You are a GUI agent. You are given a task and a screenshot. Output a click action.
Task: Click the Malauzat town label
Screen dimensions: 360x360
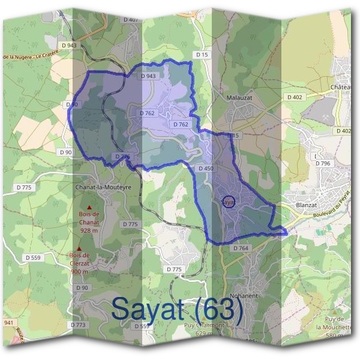tap(242, 96)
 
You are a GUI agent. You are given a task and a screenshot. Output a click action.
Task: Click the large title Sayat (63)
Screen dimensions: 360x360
tap(177, 310)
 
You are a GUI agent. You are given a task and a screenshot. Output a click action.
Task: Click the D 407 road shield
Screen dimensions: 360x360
tap(131, 19)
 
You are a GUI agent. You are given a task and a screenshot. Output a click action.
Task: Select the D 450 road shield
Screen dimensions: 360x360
tap(205, 169)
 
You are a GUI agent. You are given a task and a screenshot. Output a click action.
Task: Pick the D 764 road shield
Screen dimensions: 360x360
tap(240, 248)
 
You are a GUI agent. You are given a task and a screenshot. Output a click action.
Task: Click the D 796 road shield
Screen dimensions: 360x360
tap(322, 163)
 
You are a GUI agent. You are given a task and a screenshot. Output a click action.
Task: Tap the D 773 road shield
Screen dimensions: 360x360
tap(79, 325)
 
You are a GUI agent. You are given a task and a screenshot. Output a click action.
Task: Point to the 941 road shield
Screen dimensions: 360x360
tap(8, 323)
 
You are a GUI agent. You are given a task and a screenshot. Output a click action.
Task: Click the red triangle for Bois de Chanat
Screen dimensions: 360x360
tap(89, 207)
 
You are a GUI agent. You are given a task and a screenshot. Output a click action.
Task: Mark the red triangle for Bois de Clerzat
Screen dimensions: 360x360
tap(79, 247)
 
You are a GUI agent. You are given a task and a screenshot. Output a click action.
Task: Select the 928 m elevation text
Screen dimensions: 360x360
tap(89, 230)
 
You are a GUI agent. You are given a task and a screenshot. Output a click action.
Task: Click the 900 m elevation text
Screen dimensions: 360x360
tap(79, 271)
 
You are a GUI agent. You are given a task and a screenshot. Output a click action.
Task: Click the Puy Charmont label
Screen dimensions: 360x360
tap(204, 325)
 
